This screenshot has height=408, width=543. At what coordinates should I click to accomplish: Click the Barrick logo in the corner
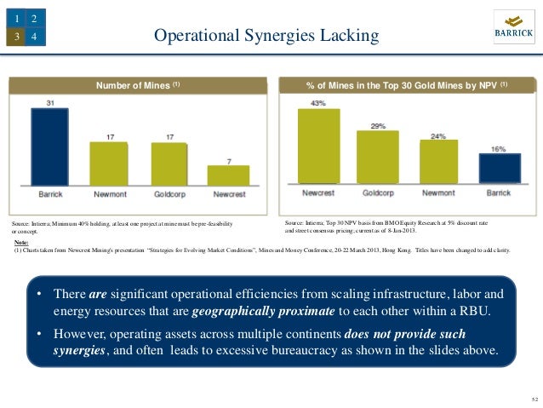point(513,30)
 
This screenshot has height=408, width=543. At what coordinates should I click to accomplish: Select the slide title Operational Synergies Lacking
point(264,35)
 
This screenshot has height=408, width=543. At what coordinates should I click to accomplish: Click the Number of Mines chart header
point(137,85)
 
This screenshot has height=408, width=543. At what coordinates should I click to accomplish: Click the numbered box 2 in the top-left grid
point(33,18)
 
